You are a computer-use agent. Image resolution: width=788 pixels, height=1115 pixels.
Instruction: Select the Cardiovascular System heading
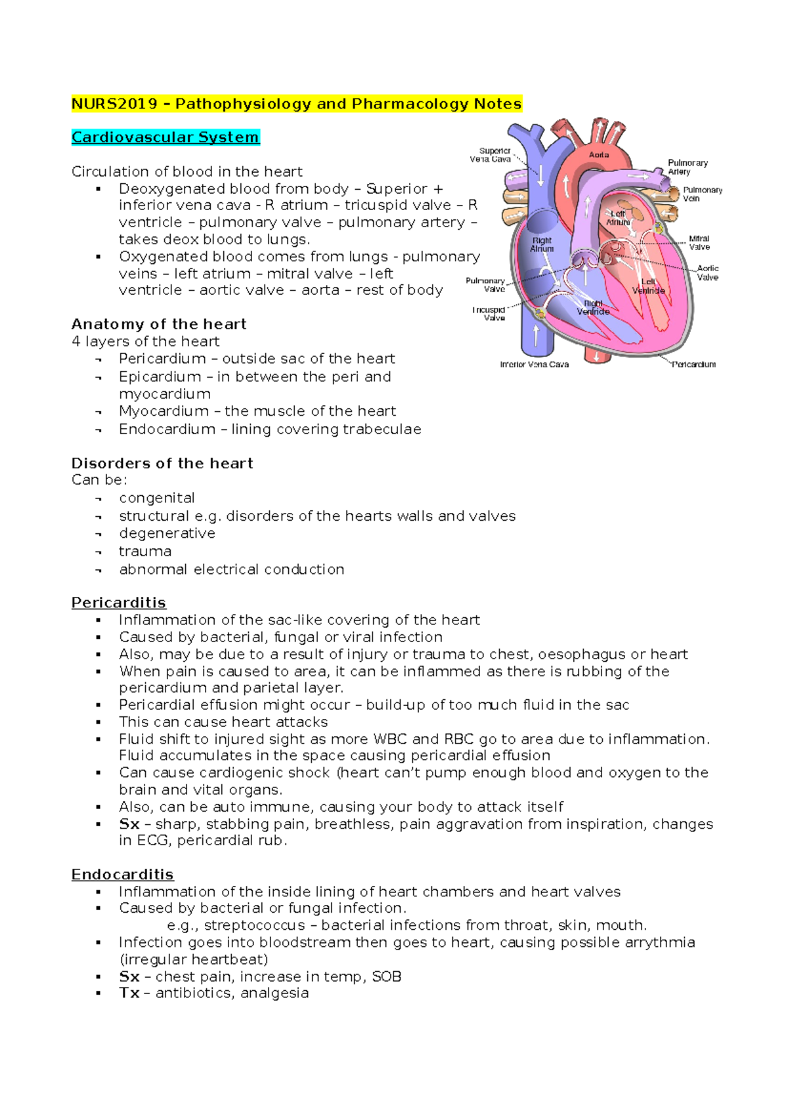coord(165,137)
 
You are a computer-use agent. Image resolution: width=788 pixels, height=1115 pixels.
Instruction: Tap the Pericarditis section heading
coord(118,603)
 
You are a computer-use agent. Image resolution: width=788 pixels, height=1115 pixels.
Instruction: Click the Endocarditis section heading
coord(122,875)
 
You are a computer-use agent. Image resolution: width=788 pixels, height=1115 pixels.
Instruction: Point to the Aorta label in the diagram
coord(599,155)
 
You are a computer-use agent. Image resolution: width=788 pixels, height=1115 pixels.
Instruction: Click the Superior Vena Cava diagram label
coord(491,155)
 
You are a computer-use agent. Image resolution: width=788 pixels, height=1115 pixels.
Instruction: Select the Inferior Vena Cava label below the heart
coord(534,364)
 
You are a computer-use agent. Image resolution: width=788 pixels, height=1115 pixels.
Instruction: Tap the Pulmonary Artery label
coord(687,167)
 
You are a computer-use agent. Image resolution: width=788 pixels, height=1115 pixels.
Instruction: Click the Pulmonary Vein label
coord(702,194)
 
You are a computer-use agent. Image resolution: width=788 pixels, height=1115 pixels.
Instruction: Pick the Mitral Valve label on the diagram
coord(699,243)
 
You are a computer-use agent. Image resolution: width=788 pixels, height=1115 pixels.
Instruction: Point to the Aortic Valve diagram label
coord(707,273)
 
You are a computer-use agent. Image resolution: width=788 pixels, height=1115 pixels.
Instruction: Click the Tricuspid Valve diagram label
coord(489,314)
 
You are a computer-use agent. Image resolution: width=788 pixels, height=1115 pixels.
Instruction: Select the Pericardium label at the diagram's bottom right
coord(694,364)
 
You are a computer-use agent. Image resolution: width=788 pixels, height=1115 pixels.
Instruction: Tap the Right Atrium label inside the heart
coord(542,245)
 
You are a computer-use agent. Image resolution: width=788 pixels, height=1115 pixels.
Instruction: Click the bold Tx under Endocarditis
coord(129,993)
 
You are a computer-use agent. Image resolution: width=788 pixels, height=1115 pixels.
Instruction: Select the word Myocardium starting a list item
coord(164,411)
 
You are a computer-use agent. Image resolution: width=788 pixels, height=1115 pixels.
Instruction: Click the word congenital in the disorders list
coord(157,498)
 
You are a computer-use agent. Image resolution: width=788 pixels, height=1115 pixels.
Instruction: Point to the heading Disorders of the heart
coord(162,464)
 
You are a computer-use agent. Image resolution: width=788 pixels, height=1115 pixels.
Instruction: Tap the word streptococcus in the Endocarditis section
coord(255,925)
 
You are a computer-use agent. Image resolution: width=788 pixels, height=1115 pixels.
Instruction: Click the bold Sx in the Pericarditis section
coord(129,824)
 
